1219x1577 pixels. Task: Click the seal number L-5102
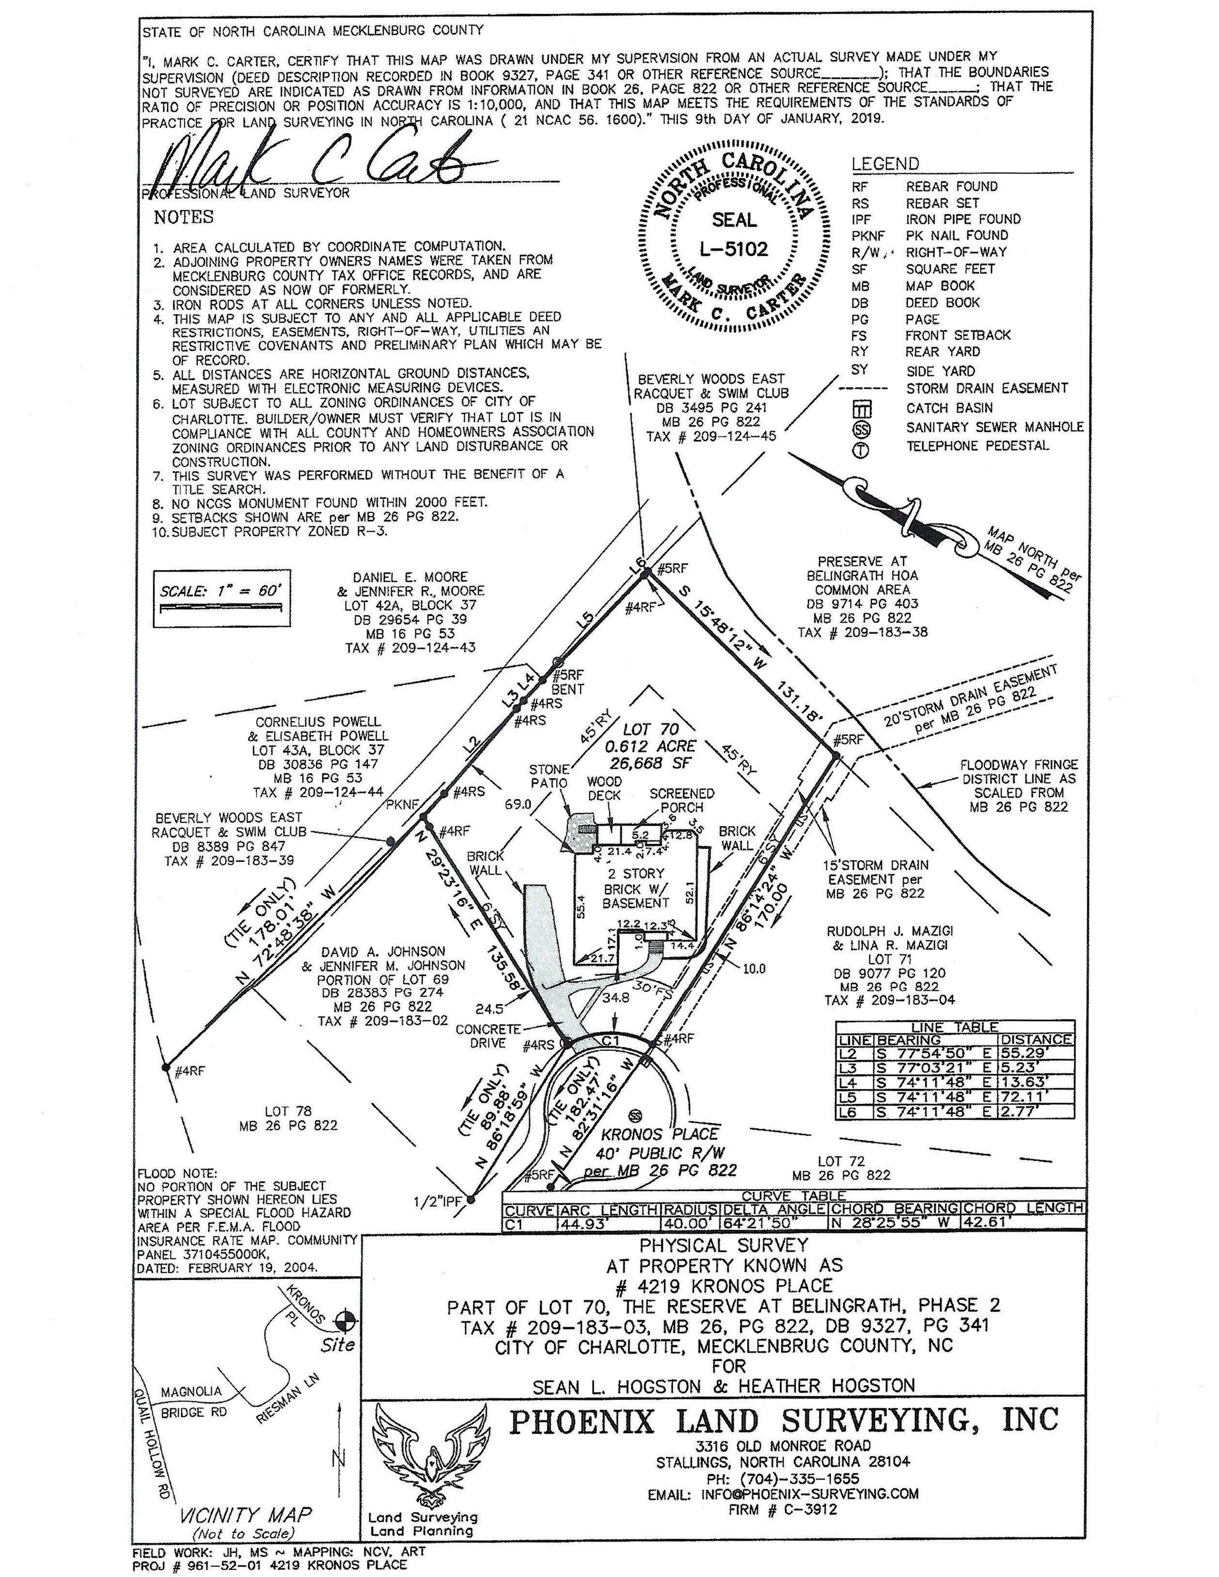734,250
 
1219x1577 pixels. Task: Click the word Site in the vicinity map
338,1345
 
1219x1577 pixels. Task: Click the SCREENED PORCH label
681,800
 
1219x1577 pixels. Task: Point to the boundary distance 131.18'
799,700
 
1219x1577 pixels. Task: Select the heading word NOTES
183,217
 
